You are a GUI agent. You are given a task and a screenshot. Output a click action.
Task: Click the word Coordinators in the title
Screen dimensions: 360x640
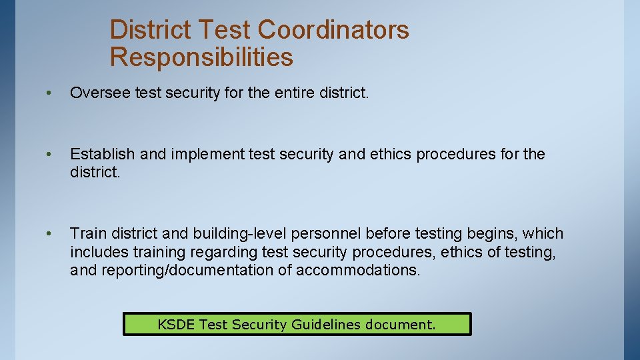coord(333,29)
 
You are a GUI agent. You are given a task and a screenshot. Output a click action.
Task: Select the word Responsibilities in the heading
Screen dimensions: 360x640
coord(201,57)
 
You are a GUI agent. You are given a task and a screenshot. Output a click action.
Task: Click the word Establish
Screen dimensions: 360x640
coord(103,154)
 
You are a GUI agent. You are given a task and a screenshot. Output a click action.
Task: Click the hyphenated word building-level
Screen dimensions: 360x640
coord(241,233)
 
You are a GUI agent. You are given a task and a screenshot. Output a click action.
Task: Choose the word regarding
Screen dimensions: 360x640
coord(223,252)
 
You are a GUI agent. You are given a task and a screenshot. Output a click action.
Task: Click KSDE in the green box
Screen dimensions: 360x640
coord(176,325)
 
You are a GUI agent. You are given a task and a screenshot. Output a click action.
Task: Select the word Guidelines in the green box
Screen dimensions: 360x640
coord(323,325)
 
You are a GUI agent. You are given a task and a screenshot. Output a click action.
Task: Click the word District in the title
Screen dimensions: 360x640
coord(151,29)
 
